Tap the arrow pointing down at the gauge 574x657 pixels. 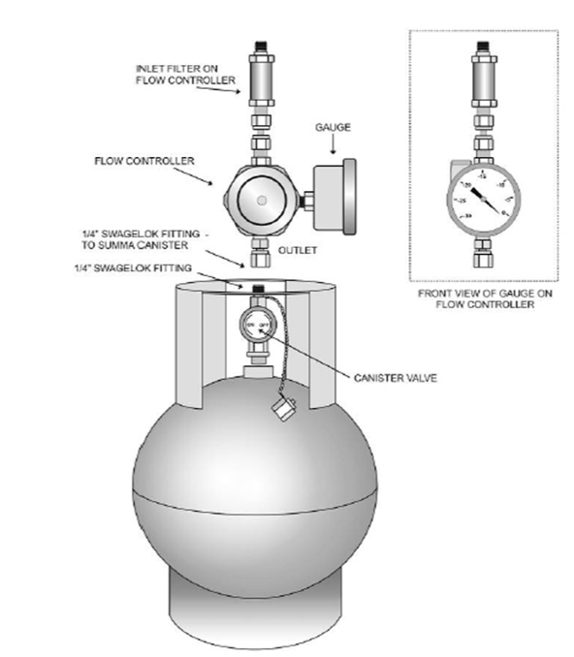pos(333,146)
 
